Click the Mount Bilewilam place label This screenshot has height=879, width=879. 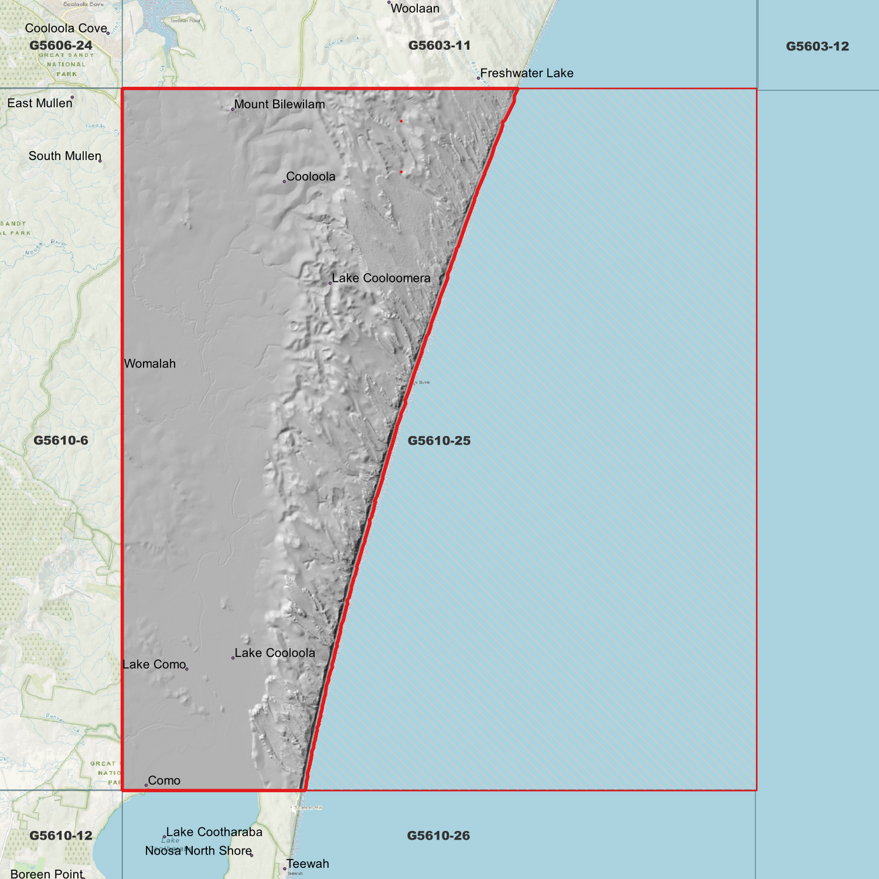point(279,105)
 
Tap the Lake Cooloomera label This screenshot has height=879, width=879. point(381,279)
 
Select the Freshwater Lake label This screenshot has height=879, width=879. point(526,74)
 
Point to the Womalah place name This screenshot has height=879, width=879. point(150,364)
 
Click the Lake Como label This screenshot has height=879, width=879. point(154,665)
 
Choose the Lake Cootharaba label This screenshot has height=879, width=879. point(214,832)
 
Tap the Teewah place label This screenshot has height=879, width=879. point(307,864)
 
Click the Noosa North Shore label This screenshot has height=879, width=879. point(198,851)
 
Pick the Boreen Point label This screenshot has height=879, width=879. point(47,874)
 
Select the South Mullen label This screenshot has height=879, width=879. point(64,156)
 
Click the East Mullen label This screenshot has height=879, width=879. point(40,103)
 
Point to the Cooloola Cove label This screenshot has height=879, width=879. point(66,29)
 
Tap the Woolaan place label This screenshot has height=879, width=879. point(415,9)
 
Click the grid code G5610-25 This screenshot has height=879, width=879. point(439,441)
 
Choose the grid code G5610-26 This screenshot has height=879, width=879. point(438,836)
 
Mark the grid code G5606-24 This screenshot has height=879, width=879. point(61,46)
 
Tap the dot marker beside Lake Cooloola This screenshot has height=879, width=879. point(233,658)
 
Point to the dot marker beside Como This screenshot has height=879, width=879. point(146,785)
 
